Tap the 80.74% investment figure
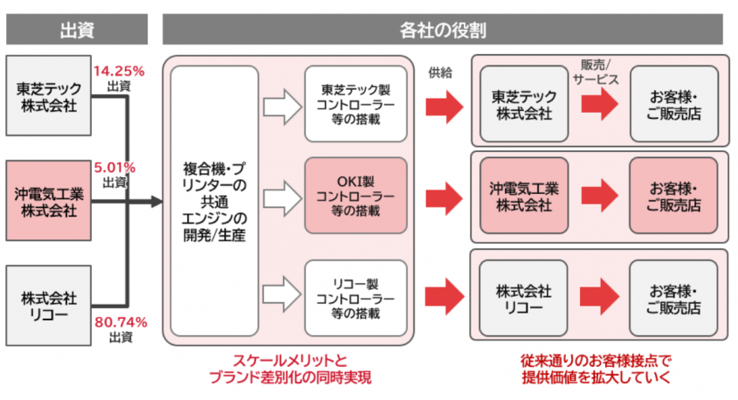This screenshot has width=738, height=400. click(x=120, y=322)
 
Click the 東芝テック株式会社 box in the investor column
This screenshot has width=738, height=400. click(x=48, y=96)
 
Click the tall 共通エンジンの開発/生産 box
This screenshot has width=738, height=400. click(x=215, y=200)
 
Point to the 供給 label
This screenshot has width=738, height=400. click(x=442, y=72)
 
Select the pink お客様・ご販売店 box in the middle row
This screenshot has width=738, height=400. click(x=673, y=197)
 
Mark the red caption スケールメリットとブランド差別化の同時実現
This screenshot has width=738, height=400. click(x=289, y=369)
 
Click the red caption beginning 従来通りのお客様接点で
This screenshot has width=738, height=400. click(x=597, y=369)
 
